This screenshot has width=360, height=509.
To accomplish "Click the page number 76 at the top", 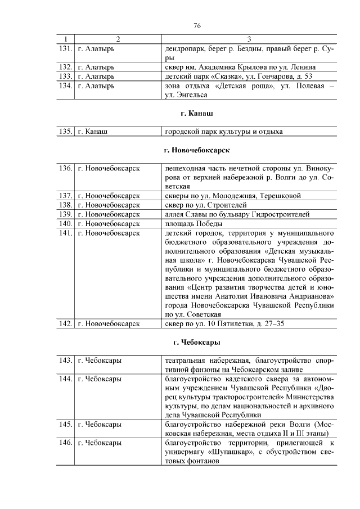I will pos(197,26).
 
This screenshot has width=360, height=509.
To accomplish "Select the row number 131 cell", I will pos(66,49).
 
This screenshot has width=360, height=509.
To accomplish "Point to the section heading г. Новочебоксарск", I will pos(197,151).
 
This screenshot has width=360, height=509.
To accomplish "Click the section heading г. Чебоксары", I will pos(197,342).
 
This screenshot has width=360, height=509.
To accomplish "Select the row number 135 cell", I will pos(66,132).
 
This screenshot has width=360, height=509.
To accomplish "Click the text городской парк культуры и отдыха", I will pos(223,132).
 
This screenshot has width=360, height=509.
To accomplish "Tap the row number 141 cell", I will pos(66,232).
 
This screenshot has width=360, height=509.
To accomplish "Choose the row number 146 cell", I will pos(66,443).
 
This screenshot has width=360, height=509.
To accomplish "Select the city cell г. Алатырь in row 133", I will pos(96,76).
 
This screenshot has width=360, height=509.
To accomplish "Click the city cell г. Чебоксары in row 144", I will pos(100,379).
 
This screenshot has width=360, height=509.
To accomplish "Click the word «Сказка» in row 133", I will pos(224,76).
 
